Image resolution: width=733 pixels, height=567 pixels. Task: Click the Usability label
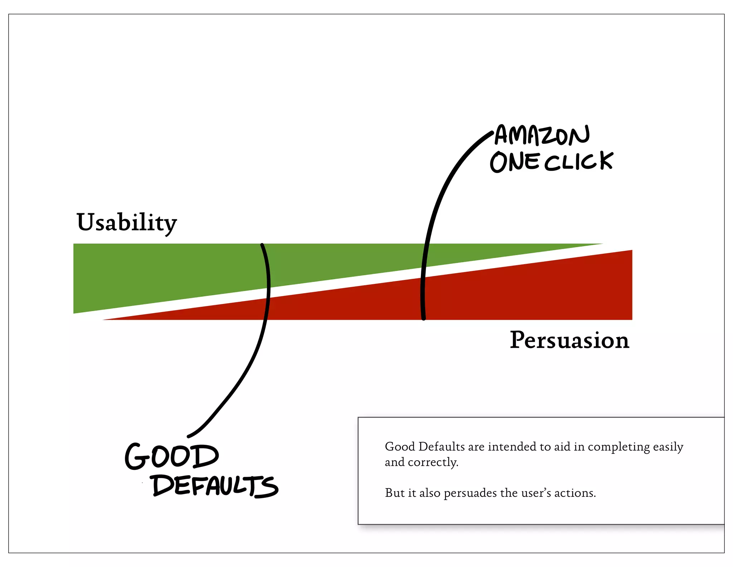[x=126, y=222]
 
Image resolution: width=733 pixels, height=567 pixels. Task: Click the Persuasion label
[x=569, y=340]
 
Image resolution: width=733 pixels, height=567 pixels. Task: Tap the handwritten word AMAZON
[x=542, y=135]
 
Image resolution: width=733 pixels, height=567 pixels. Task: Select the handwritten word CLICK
[x=579, y=161]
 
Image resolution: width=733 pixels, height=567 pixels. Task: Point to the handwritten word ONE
[x=515, y=162]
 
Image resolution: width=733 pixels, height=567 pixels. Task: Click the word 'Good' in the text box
[x=399, y=447]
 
